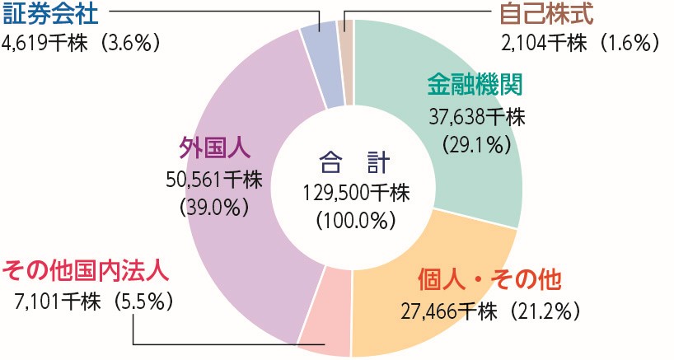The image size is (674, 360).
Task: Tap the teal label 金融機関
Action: [475, 85]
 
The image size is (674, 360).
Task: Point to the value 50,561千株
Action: [214, 179]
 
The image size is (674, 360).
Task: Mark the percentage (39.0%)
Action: [214, 207]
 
